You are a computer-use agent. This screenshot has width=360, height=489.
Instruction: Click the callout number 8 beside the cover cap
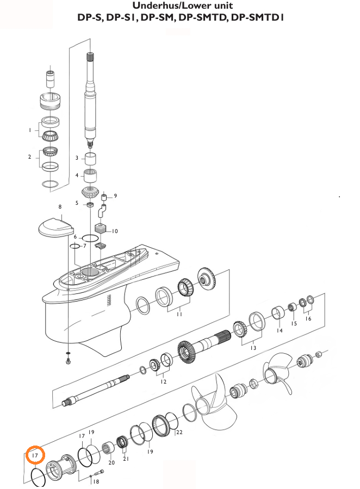point(60,206)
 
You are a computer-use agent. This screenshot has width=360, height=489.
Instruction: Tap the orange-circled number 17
point(35,455)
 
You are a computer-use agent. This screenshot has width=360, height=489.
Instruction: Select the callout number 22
point(179,432)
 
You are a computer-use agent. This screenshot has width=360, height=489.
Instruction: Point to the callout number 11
point(179,314)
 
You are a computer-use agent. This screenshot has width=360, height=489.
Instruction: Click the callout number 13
point(253,348)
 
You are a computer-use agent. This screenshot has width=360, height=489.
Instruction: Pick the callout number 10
point(114,231)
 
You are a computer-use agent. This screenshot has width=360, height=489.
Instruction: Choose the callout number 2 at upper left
point(30,157)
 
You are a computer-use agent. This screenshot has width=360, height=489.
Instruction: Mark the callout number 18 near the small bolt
point(96,481)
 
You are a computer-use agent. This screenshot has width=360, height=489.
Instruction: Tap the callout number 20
point(111,462)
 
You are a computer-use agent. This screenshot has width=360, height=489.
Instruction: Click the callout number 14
point(280,330)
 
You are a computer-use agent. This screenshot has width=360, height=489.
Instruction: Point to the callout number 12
point(164,381)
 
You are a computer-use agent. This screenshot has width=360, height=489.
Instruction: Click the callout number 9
point(115,196)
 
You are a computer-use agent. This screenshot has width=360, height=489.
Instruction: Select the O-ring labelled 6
point(90,239)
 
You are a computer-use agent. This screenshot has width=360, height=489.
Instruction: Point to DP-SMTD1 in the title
point(258,17)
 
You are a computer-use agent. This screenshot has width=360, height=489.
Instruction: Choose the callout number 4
point(77,175)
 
